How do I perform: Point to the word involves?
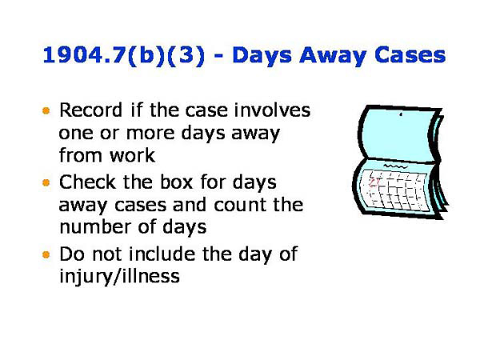tap(271, 110)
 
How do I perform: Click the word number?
tap(93, 226)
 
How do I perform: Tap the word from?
tap(78, 154)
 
